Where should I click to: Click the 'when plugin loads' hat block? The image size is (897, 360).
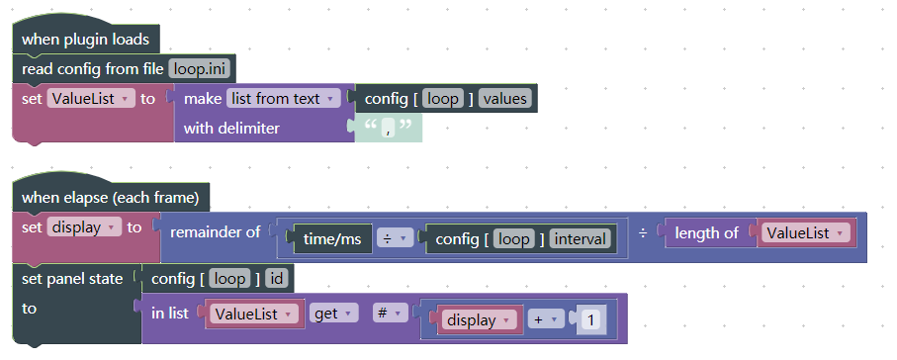85,40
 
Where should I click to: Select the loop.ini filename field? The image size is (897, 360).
202,69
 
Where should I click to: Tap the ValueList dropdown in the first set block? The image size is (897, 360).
91,99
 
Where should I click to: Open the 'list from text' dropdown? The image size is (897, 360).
283,99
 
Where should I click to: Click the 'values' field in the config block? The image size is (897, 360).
505,99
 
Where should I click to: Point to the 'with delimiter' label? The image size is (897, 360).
231,129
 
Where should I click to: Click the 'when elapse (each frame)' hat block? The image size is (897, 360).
110,198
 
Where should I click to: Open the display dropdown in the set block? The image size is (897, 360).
84,227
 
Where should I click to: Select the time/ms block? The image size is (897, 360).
332,239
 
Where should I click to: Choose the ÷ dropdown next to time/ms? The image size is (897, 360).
394,239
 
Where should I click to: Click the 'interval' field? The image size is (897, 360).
582,239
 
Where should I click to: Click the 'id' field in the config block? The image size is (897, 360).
276,279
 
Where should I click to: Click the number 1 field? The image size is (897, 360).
590,320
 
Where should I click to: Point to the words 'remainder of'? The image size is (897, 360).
215,233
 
